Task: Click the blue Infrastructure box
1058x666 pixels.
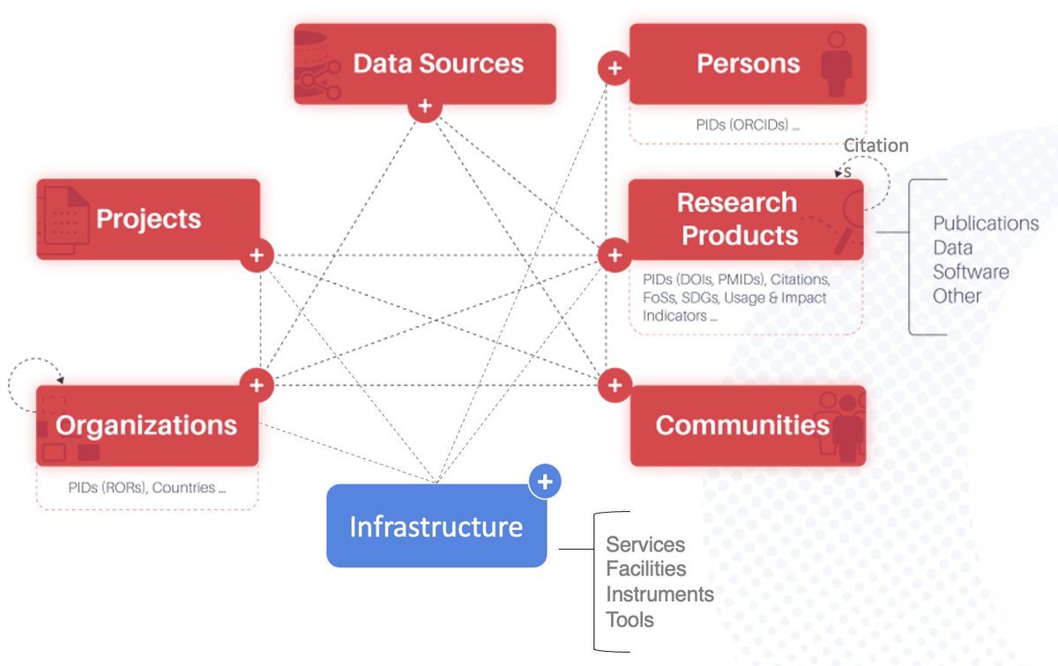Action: pyautogui.click(x=436, y=526)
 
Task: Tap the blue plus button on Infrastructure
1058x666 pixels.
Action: pyautogui.click(x=545, y=482)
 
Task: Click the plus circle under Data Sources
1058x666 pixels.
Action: pyautogui.click(x=425, y=107)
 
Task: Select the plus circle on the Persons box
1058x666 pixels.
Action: pyautogui.click(x=615, y=68)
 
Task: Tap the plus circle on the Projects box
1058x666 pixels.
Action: pyautogui.click(x=257, y=255)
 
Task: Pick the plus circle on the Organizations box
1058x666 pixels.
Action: pyautogui.click(x=257, y=385)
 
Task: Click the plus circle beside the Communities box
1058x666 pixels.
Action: pyautogui.click(x=615, y=385)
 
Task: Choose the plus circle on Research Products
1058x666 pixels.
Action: pyautogui.click(x=615, y=255)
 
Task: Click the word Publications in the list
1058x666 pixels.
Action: pyautogui.click(x=986, y=224)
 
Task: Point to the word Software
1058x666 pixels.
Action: pyautogui.click(x=971, y=271)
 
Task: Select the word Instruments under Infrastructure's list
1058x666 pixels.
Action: pyautogui.click(x=659, y=595)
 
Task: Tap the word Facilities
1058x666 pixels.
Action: pyautogui.click(x=645, y=569)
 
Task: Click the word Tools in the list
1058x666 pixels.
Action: pyautogui.click(x=630, y=619)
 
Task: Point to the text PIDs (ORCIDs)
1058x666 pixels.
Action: pyautogui.click(x=748, y=125)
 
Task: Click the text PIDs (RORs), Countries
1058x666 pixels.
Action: pyautogui.click(x=146, y=487)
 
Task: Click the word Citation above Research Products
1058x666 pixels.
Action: pyautogui.click(x=875, y=145)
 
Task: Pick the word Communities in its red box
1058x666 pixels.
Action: pyautogui.click(x=742, y=425)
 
